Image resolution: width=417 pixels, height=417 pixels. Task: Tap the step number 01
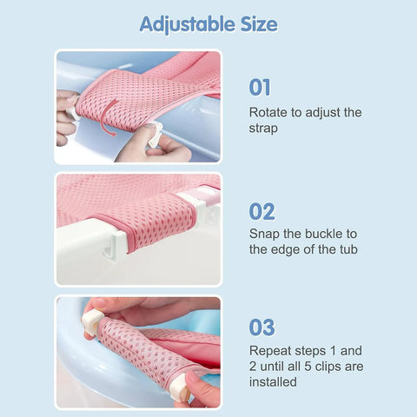(x=261, y=88)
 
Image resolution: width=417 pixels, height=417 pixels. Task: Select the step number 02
(x=261, y=211)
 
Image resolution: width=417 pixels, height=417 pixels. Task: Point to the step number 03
(x=261, y=328)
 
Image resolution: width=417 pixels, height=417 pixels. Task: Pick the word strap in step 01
(x=264, y=129)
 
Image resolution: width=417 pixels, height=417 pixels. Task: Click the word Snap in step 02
(x=266, y=234)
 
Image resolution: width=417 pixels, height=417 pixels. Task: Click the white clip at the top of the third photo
(x=93, y=321)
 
